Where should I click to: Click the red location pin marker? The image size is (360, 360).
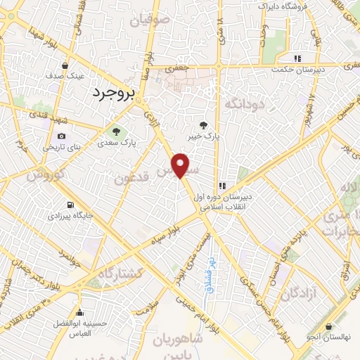[181, 165]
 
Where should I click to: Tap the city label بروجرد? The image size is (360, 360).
[111, 94]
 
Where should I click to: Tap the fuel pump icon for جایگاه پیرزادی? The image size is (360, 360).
[70, 206]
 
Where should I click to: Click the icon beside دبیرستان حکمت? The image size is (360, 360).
[298, 58]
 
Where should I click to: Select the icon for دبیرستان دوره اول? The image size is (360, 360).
[222, 186]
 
